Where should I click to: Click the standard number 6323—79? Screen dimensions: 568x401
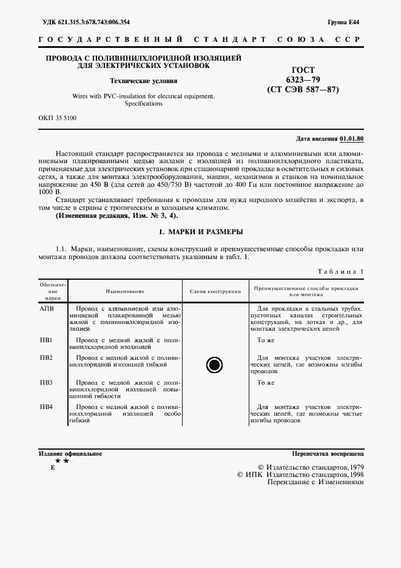[x=303, y=80]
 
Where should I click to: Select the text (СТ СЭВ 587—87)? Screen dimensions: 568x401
[x=303, y=90]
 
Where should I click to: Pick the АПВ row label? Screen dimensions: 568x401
[x=47, y=309]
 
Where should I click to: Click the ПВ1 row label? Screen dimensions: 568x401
[x=46, y=340]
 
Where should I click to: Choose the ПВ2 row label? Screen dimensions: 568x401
[x=46, y=357]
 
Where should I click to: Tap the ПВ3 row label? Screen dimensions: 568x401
[x=46, y=383]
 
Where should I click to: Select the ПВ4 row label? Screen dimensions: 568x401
[x=46, y=406]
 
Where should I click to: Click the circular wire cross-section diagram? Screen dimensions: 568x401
[x=215, y=365]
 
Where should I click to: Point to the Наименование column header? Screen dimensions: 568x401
[x=125, y=291]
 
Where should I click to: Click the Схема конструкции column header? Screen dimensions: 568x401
[x=215, y=291]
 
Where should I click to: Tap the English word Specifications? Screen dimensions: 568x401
[x=144, y=104]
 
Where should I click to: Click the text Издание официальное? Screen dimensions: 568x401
[x=70, y=453]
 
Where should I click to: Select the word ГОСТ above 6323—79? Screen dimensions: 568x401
[x=303, y=70]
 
